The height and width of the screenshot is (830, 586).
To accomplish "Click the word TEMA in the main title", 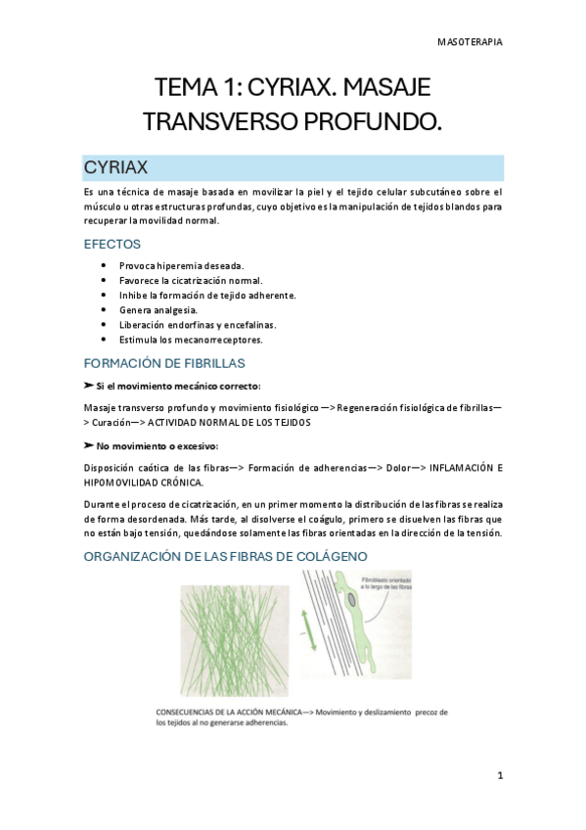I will pos(184,88).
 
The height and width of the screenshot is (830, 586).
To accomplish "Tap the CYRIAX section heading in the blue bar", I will pos(115,166).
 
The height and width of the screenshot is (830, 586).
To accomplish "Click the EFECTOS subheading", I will pos(113,244).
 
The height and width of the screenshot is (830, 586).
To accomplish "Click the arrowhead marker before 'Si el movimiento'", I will pos(89,387).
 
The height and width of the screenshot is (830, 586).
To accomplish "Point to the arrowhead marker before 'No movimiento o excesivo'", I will pos(89,445).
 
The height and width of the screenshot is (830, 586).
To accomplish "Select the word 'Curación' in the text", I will pos(116,422).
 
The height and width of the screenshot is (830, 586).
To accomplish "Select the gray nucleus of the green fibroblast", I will pos(350,597).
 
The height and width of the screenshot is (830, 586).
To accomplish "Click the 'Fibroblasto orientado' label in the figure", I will pos(387,578).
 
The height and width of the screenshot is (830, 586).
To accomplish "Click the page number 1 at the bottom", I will pos(500,776).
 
